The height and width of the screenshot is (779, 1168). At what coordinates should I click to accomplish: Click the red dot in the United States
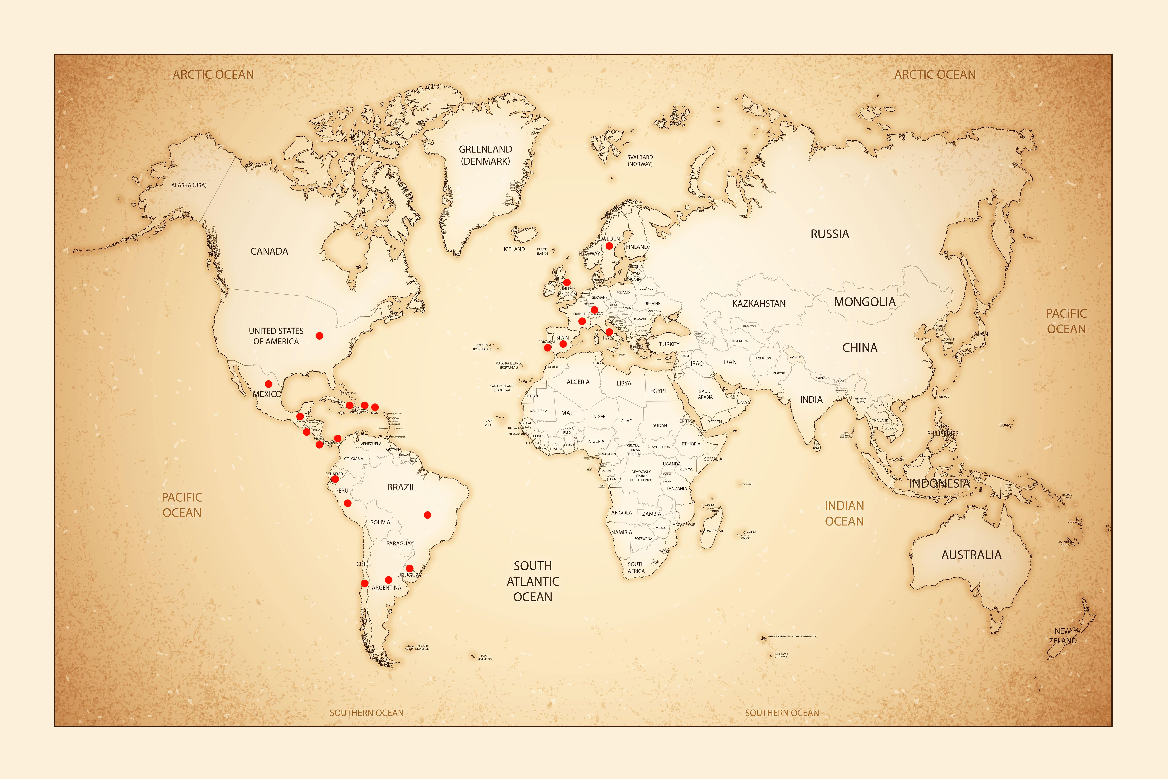pos(319,336)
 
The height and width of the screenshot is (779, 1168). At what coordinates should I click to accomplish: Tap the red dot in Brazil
pos(427,515)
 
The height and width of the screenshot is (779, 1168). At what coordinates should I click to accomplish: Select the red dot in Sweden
pos(609,246)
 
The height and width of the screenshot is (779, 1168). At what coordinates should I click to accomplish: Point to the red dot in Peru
pos(347,503)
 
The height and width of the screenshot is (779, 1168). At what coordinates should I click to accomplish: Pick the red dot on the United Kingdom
pos(567,282)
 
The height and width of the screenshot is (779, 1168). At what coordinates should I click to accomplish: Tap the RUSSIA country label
pos(829,234)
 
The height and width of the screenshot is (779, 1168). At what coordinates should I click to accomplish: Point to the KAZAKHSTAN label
pos(758,304)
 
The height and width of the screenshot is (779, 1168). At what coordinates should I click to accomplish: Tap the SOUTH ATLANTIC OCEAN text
pos(533,581)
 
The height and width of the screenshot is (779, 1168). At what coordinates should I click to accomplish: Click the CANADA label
pos(269,251)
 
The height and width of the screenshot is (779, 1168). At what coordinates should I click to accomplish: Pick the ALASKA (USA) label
pos(189,185)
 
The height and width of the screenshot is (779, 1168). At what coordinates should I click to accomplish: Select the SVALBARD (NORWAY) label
pos(640,160)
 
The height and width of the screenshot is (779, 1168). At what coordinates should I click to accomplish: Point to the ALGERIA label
pos(578,382)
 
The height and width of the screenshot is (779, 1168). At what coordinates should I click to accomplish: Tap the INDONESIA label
pos(939,483)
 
